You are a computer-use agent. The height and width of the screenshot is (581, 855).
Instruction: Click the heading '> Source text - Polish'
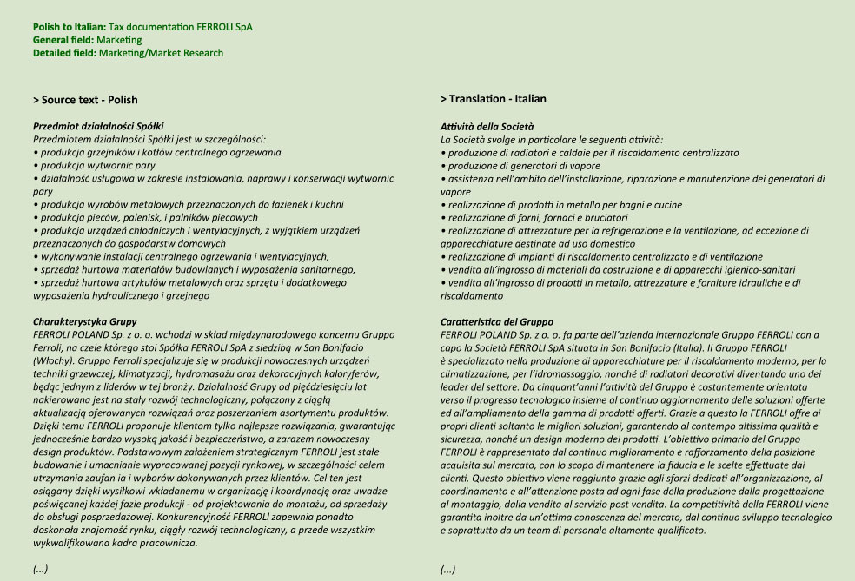(x=85, y=100)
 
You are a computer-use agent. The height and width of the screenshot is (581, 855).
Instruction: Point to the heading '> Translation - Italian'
(x=493, y=99)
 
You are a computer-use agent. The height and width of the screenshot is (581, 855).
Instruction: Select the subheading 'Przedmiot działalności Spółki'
(x=98, y=127)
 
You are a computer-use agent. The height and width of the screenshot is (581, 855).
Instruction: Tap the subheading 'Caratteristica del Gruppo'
(x=496, y=321)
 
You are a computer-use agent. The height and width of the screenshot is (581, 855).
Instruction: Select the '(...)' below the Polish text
(x=40, y=569)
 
